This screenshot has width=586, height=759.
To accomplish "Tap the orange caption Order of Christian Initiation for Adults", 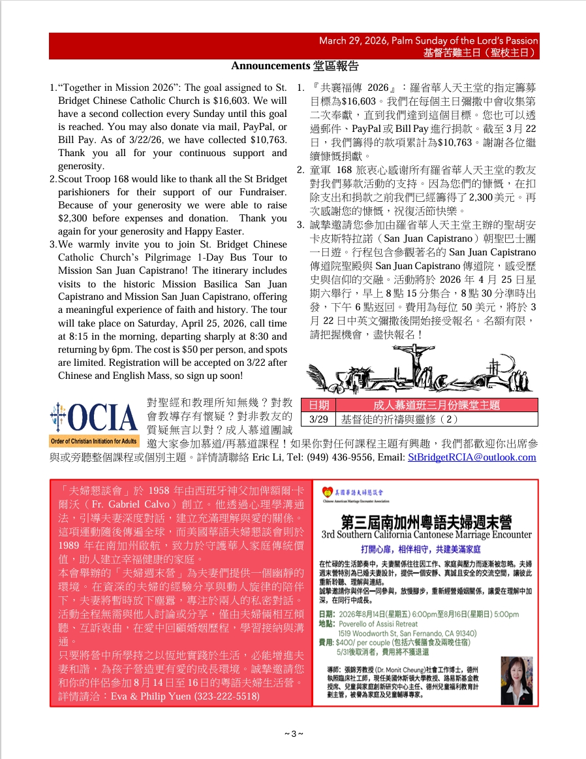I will pyautogui.click(x=94, y=441).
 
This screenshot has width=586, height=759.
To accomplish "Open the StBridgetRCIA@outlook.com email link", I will pyautogui.click(x=472, y=457).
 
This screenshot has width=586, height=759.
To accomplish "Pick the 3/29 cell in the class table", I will pyautogui.click(x=318, y=419).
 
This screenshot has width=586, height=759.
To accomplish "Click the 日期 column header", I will pyautogui.click(x=318, y=405).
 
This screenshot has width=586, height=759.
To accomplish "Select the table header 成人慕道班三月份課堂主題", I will pyautogui.click(x=436, y=405).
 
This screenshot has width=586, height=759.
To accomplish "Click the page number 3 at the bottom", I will pyautogui.click(x=293, y=734).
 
